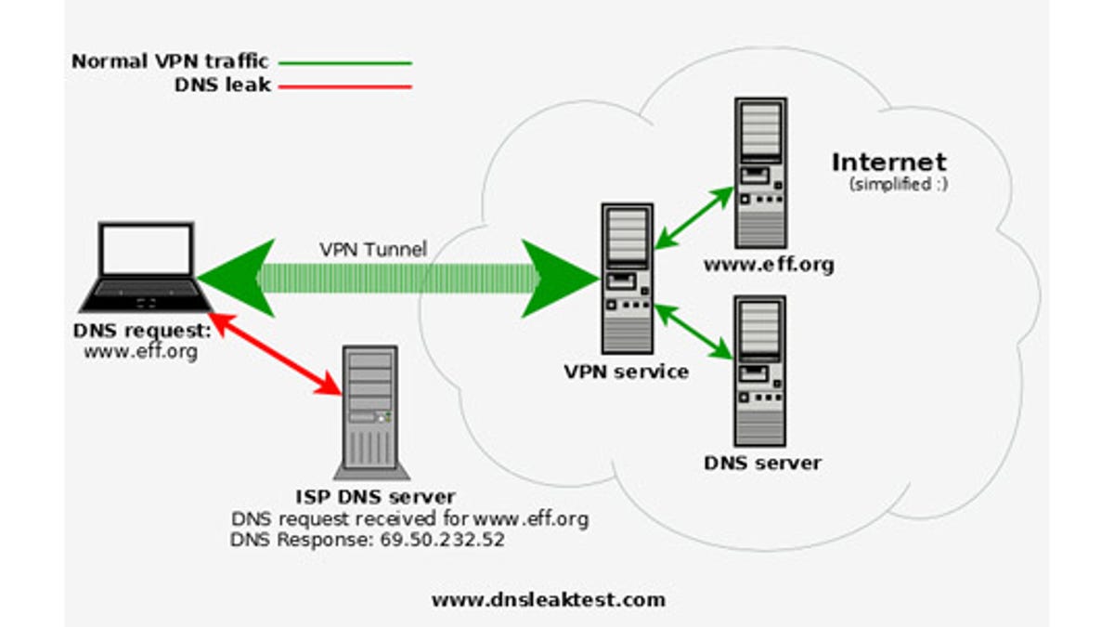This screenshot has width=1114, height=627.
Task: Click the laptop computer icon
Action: (x=147, y=268)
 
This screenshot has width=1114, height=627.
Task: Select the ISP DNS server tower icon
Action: (x=371, y=412)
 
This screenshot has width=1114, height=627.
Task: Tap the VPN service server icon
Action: (x=628, y=278)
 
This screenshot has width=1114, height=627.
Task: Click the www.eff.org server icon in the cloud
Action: (x=761, y=173)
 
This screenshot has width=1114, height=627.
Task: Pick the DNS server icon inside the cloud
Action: (x=760, y=372)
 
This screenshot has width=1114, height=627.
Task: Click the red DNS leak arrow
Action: (x=278, y=354)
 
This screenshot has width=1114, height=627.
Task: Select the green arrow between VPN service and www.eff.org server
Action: (x=694, y=218)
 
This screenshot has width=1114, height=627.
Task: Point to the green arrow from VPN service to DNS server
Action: (x=693, y=332)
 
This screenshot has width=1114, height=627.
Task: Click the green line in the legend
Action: (x=345, y=63)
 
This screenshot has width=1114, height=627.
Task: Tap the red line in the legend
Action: (x=345, y=86)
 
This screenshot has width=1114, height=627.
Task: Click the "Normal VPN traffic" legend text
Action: (x=170, y=61)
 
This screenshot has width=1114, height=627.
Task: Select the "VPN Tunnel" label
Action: (x=373, y=249)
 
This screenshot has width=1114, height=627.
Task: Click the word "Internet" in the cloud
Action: (x=889, y=163)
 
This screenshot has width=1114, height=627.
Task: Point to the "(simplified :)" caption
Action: (x=899, y=184)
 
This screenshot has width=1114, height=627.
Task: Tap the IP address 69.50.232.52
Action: (x=443, y=540)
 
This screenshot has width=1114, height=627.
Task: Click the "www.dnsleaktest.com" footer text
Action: (x=548, y=600)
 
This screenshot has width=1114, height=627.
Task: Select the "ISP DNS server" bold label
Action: (x=375, y=497)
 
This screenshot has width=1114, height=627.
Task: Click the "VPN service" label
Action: (x=627, y=372)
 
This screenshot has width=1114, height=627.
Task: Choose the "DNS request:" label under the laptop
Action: (x=142, y=331)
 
